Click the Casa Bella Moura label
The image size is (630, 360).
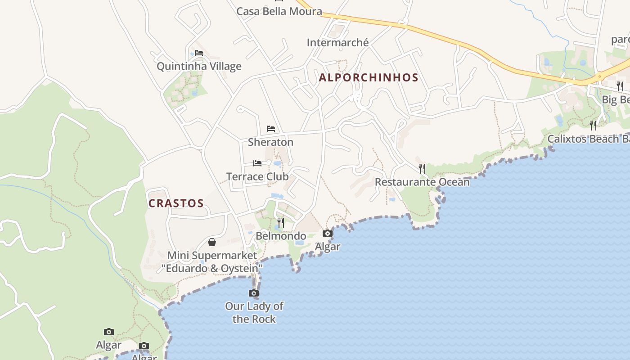279,11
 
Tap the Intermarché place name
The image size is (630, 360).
337,43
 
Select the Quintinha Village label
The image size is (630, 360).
199,67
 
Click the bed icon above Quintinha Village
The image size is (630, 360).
199,53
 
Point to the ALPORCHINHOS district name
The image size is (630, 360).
369,77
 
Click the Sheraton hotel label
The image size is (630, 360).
270,142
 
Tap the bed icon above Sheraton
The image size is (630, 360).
270,129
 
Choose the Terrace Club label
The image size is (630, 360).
257,176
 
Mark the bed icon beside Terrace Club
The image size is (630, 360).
257,163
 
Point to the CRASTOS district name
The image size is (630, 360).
176,203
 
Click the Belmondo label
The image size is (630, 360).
281,236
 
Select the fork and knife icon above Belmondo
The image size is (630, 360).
281,222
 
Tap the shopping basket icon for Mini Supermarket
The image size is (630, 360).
212,242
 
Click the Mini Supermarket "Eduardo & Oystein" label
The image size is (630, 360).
212,262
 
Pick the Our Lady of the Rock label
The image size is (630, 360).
254,312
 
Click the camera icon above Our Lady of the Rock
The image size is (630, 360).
254,293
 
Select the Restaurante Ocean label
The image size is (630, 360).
422,182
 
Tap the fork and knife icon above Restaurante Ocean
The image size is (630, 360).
422,169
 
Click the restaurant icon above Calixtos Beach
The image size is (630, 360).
593,125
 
